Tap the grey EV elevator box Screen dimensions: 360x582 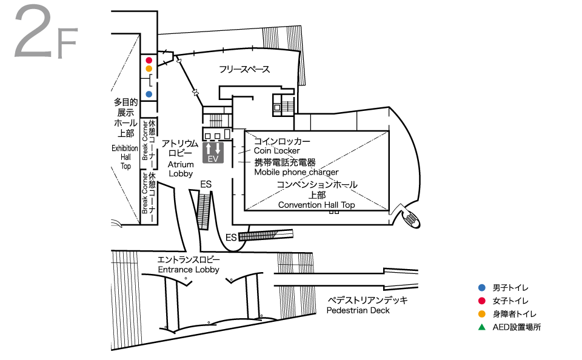click(x=213, y=152)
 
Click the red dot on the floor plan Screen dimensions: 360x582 click(x=149, y=60)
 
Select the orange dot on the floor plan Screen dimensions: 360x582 click(x=149, y=68)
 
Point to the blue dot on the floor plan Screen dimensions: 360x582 click(x=149, y=94)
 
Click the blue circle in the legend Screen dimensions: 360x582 click(x=481, y=287)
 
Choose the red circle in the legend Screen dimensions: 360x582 click(x=481, y=301)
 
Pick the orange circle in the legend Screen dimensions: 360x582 click(x=481, y=314)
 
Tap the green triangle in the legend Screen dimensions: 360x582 click(x=481, y=327)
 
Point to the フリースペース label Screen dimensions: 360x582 click(x=244, y=70)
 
